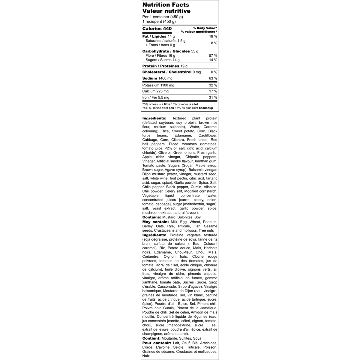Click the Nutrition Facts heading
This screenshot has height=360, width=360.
(x=166, y=5)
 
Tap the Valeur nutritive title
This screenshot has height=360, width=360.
(x=166, y=11)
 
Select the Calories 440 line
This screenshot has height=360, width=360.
(x=157, y=29)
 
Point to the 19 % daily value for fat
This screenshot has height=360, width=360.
(x=213, y=36)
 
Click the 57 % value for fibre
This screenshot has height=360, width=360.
(x=213, y=55)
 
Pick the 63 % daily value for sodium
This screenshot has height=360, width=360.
(x=213, y=78)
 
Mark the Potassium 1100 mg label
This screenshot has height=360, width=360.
(x=158, y=85)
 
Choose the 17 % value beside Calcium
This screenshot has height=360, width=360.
(x=213, y=91)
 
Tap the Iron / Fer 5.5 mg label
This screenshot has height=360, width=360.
(x=156, y=97)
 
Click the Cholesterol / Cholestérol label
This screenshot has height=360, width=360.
(x=167, y=72)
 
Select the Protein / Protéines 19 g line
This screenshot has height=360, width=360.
(x=165, y=66)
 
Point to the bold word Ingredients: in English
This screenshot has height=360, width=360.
(x=154, y=118)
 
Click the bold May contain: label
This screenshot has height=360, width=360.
(x=155, y=222)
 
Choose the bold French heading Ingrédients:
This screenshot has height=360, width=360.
(x=154, y=235)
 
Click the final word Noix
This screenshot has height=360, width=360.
(x=146, y=356)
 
